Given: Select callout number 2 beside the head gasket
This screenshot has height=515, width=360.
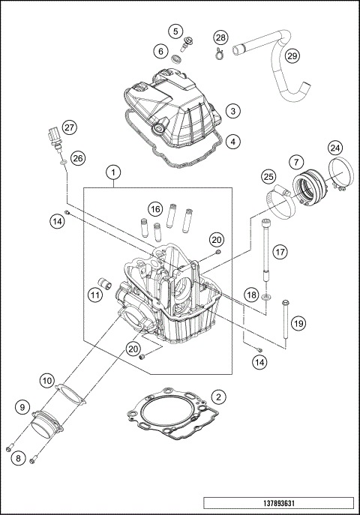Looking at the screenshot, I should tap(217, 397).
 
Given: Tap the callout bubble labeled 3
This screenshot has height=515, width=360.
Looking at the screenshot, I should tap(233, 110).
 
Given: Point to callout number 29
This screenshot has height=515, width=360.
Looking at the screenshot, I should tap(292, 56).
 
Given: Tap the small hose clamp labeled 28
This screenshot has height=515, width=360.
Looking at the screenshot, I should tap(218, 52).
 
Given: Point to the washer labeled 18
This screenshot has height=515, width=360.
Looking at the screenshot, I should tap(268, 306).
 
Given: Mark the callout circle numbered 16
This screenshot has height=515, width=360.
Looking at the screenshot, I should tap(154, 208).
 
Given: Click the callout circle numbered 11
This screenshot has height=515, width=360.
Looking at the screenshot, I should tap(94, 295).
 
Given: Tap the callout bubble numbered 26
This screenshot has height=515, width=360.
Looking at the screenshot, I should tap(79, 158).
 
